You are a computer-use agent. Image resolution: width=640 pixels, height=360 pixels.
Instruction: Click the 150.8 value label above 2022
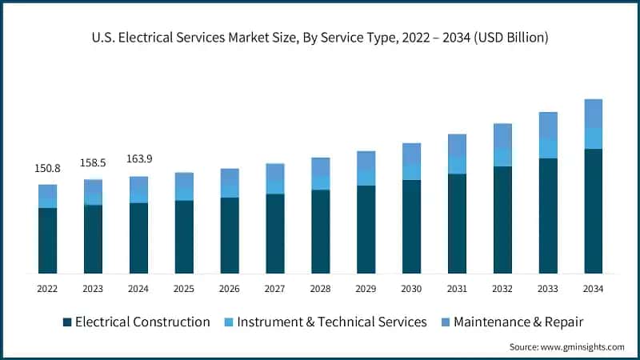(47, 169)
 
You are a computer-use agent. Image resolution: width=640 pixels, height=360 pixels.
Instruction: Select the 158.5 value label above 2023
(93, 163)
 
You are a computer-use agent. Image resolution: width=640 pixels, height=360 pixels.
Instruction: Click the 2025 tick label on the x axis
(184, 288)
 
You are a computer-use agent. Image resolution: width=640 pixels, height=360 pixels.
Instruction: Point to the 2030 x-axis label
(411, 288)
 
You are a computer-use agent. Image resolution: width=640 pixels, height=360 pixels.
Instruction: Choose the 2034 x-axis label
(593, 288)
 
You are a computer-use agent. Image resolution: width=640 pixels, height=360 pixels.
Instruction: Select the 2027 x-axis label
(275, 288)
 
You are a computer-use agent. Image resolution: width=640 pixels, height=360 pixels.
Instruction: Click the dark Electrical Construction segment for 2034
(593, 211)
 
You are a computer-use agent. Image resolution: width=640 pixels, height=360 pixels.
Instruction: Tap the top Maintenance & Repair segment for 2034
(593, 114)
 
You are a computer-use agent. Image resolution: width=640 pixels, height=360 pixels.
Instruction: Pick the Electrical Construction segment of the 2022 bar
(47, 241)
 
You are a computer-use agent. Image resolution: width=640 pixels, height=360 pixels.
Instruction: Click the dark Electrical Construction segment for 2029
(366, 230)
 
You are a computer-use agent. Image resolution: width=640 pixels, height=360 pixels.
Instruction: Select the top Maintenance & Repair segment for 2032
(502, 136)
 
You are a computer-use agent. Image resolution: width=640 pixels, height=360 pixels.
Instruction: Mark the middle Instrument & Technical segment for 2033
(548, 148)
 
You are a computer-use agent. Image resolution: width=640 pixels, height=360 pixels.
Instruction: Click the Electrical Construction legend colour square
(67, 322)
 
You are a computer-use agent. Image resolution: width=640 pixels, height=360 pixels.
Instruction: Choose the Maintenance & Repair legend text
(518, 322)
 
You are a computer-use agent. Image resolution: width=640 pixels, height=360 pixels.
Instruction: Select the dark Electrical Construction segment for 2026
(230, 235)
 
